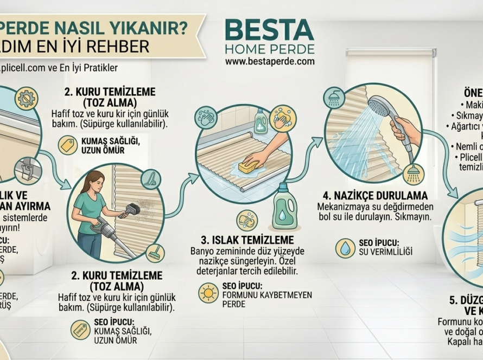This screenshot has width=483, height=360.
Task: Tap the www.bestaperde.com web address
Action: pyautogui.click(x=270, y=62)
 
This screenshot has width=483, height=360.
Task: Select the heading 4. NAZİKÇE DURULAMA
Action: pyautogui.click(x=375, y=195)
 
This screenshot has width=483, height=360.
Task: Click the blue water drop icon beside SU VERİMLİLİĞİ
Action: pyautogui.click(x=345, y=247)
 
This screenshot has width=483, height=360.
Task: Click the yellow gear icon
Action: pyautogui.click(x=24, y=99)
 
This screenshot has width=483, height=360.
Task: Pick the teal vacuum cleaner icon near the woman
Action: pyautogui.click(x=150, y=179)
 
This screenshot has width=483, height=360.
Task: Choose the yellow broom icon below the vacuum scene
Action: pyautogui.click(x=155, y=252)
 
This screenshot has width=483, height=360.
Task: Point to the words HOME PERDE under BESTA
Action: pyautogui.click(x=270, y=49)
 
